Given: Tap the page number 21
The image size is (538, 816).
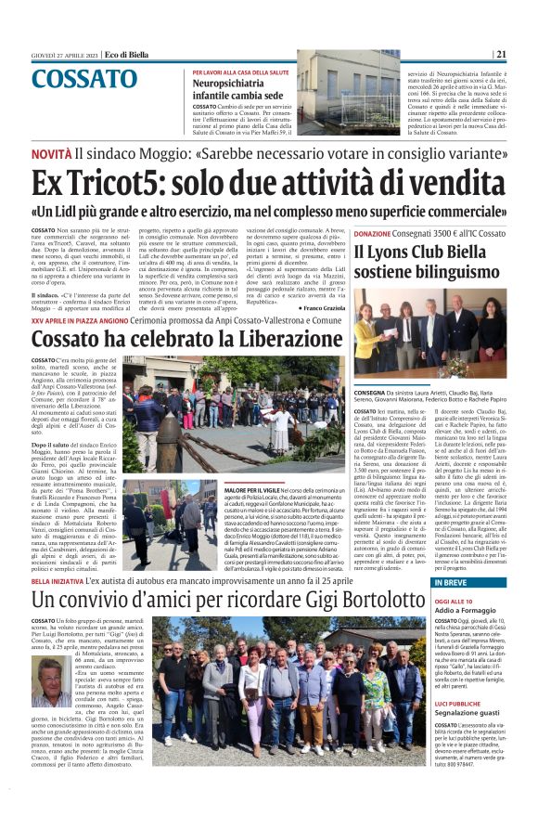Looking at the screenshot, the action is pyautogui.click(x=526, y=54).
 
